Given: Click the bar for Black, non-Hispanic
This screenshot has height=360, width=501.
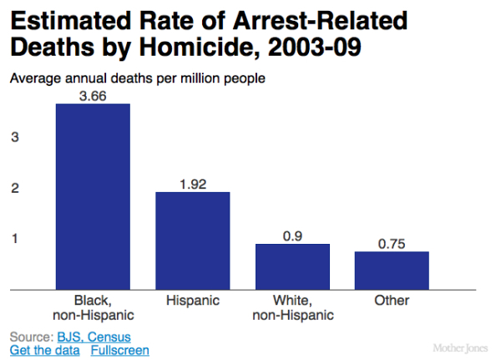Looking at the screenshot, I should (x=93, y=197).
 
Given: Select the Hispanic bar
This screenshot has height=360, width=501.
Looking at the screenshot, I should (x=192, y=241).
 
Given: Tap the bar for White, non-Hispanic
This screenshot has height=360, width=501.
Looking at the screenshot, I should (x=292, y=266).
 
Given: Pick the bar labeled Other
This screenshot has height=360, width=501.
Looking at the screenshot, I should (x=392, y=270).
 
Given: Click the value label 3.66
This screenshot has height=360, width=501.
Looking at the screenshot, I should (x=93, y=95).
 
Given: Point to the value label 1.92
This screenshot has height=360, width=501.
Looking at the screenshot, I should (x=192, y=183).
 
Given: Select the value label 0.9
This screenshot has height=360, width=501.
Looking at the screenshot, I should (x=292, y=236).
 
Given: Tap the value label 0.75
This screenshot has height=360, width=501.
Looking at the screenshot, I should (x=392, y=243).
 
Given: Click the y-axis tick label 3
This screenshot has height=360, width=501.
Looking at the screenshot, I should (x=14, y=137).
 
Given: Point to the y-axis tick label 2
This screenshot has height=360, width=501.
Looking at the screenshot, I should (x=14, y=188).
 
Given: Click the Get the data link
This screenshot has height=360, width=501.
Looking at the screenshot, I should (x=45, y=350).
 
